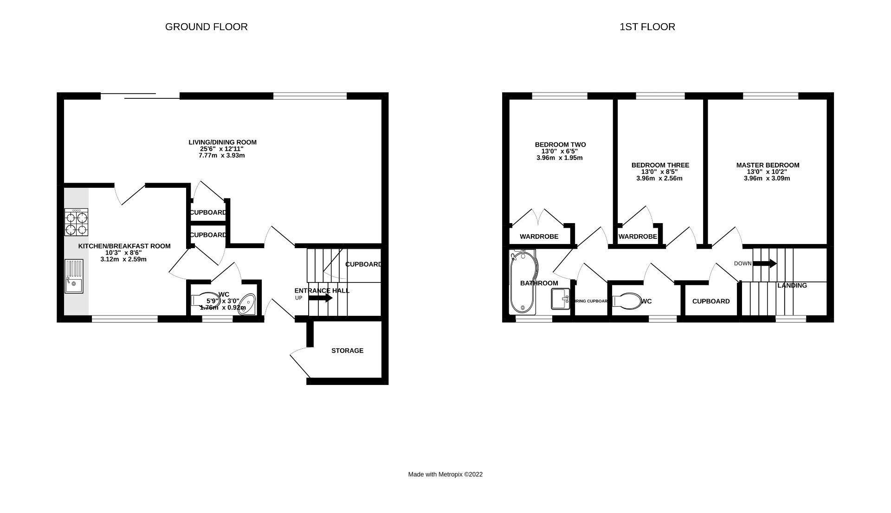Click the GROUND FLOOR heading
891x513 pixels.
[206, 27]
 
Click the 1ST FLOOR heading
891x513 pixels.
[647, 27]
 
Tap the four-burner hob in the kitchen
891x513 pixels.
[77, 223]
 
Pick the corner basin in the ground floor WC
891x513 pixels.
[247, 305]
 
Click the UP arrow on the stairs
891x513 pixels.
[320, 298]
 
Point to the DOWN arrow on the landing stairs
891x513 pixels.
[764, 263]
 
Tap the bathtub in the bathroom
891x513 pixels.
[522, 282]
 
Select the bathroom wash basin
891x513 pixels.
[560, 299]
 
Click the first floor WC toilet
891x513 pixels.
[626, 301]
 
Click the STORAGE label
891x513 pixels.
[347, 351]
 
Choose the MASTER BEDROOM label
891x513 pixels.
[768, 165]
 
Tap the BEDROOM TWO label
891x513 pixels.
[560, 145]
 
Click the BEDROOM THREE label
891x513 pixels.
[660, 165]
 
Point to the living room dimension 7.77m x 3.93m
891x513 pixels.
[221, 155]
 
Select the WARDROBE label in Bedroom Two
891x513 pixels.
[539, 237]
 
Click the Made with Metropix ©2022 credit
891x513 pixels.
[445, 475]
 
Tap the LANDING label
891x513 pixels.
[792, 285]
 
